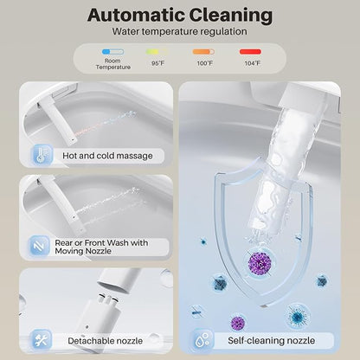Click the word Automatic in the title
(136, 15)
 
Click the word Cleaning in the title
(231, 16)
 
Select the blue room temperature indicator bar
(112, 52)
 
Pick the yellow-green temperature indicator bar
(156, 52)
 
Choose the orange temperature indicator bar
(203, 52)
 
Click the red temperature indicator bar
(250, 52)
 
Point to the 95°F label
(157, 63)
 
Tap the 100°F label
(205, 63)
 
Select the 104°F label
(253, 63)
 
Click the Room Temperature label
(113, 64)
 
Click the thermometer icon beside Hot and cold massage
(42, 155)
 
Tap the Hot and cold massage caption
(107, 156)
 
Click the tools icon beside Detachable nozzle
(41, 340)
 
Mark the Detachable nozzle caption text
(106, 341)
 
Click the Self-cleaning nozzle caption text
(272, 341)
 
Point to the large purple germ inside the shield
(260, 263)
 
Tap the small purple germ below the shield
(238, 322)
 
